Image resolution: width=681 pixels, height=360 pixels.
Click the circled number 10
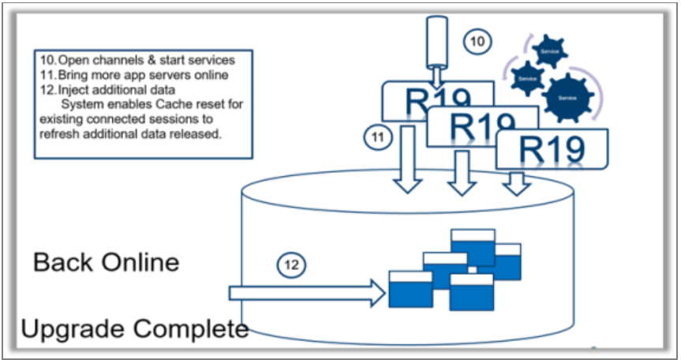[476, 43]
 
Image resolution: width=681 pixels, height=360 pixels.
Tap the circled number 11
[378, 137]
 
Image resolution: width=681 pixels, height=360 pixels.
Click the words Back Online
[107, 262]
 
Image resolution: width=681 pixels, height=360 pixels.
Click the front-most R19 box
[552, 149]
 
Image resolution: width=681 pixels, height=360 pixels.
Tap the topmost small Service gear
[549, 51]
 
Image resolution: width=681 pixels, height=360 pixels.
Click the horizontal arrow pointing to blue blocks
[305, 294]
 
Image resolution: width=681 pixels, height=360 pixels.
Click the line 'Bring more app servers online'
[133, 75]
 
